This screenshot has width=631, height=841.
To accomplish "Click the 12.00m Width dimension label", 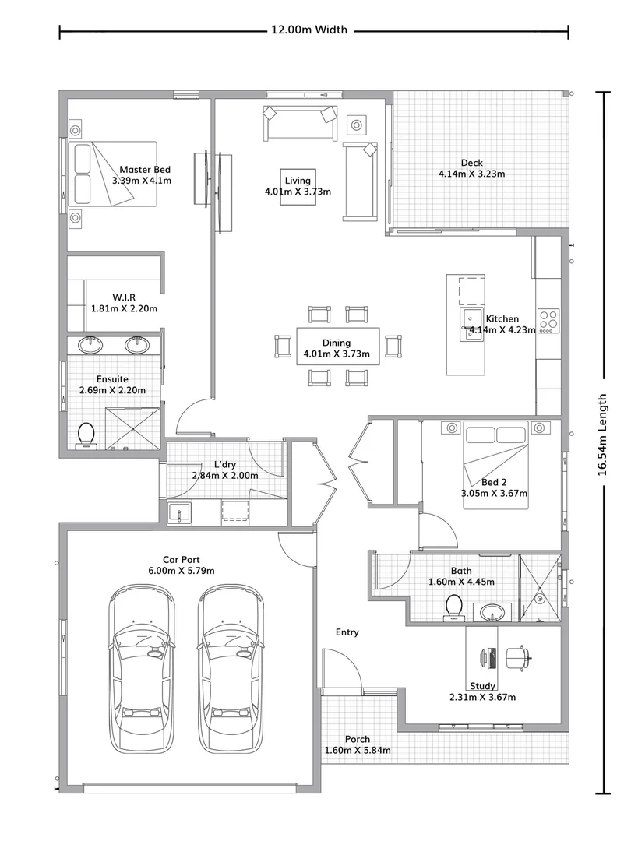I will (x=308, y=30).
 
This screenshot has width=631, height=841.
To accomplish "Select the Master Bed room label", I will (x=145, y=170).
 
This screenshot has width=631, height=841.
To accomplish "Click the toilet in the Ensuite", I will (x=86, y=435).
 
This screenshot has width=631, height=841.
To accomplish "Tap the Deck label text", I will (x=471, y=163).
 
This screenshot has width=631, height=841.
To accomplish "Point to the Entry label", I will (x=347, y=632).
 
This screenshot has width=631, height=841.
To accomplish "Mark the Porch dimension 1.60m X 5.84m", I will (x=358, y=751).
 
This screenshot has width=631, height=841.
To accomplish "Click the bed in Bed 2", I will (x=495, y=466).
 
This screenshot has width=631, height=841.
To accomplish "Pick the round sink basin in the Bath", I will (x=491, y=612).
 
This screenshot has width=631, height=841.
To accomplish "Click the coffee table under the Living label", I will (x=298, y=186).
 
